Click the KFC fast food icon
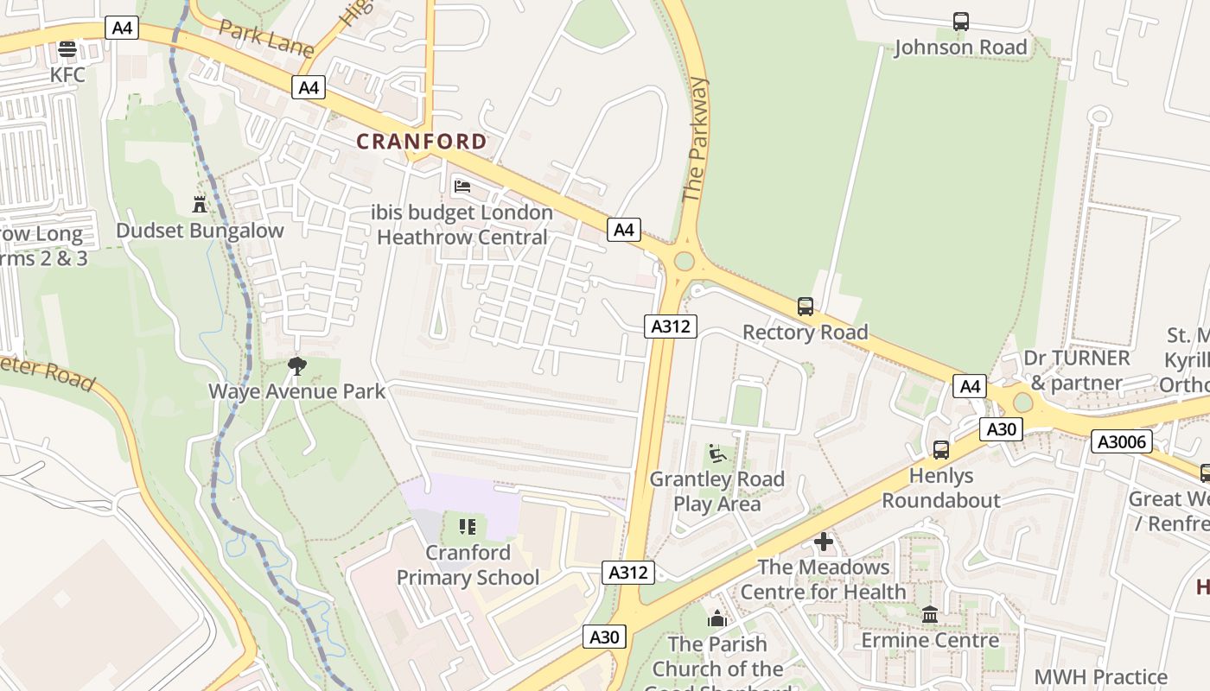pos(67,49)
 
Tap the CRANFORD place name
pos(422,142)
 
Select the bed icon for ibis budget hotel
pos(462,186)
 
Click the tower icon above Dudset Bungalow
pos(200,204)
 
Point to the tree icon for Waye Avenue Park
pos(297,365)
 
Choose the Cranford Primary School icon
pos(468,526)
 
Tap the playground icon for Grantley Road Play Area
pos(716,453)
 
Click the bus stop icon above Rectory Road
pos(805,306)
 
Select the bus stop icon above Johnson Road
pos(960,21)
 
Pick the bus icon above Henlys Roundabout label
pos(940,449)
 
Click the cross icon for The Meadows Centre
pos(824,542)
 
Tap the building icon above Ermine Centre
pos(930,614)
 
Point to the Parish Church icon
pos(716,618)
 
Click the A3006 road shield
pos(1122,442)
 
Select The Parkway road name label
pos(697,140)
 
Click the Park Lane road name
pos(265,38)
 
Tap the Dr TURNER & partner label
pos(1076,371)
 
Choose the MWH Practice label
pos(1100,676)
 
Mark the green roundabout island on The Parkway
pos(684,261)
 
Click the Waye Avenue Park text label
pos(297,391)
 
